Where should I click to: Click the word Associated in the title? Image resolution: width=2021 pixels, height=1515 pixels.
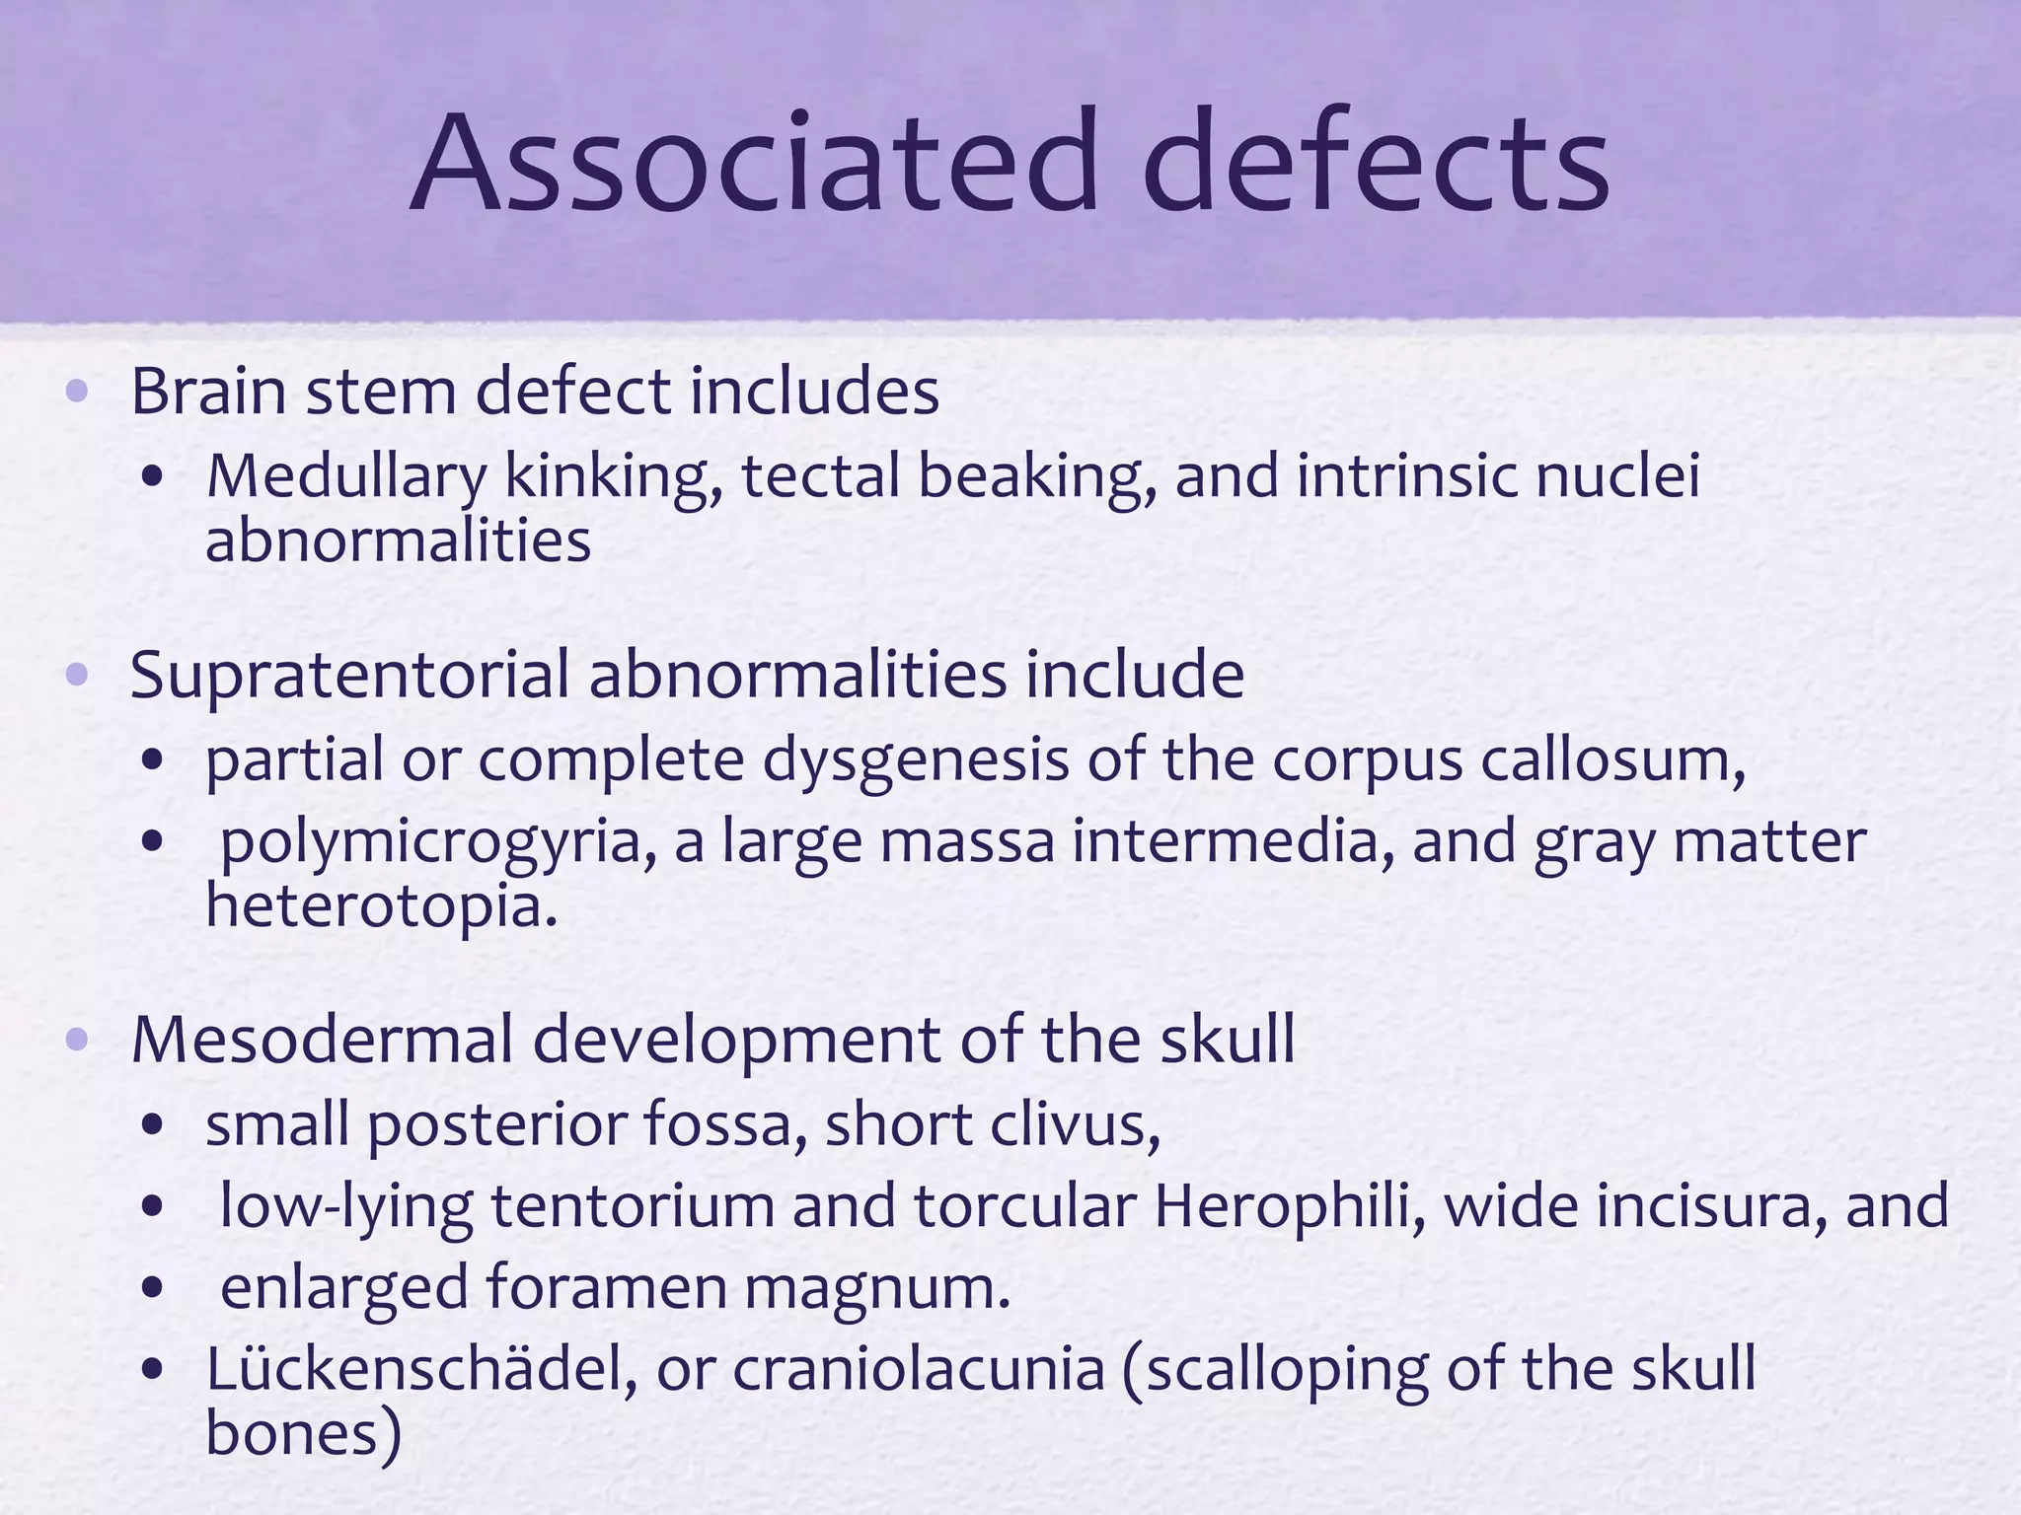point(754,163)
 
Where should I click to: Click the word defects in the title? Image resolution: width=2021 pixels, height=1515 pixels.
point(1376,163)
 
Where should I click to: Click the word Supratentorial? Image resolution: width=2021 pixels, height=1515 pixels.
point(350,677)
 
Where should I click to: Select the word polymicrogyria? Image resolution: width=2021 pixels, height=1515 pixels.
point(438,844)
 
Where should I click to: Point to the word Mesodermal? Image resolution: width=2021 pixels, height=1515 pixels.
point(323,1040)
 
